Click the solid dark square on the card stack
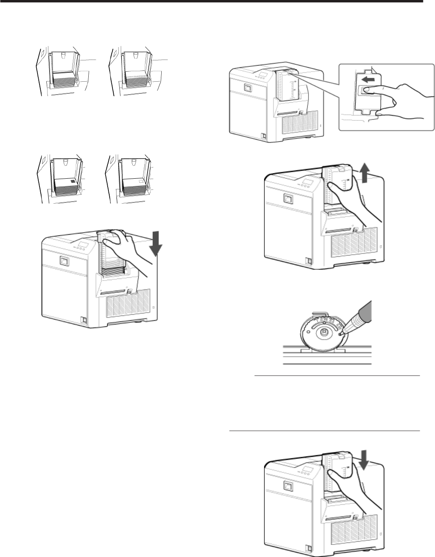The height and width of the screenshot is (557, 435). click(x=72, y=182)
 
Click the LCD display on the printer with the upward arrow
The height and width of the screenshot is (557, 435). click(x=309, y=182)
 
